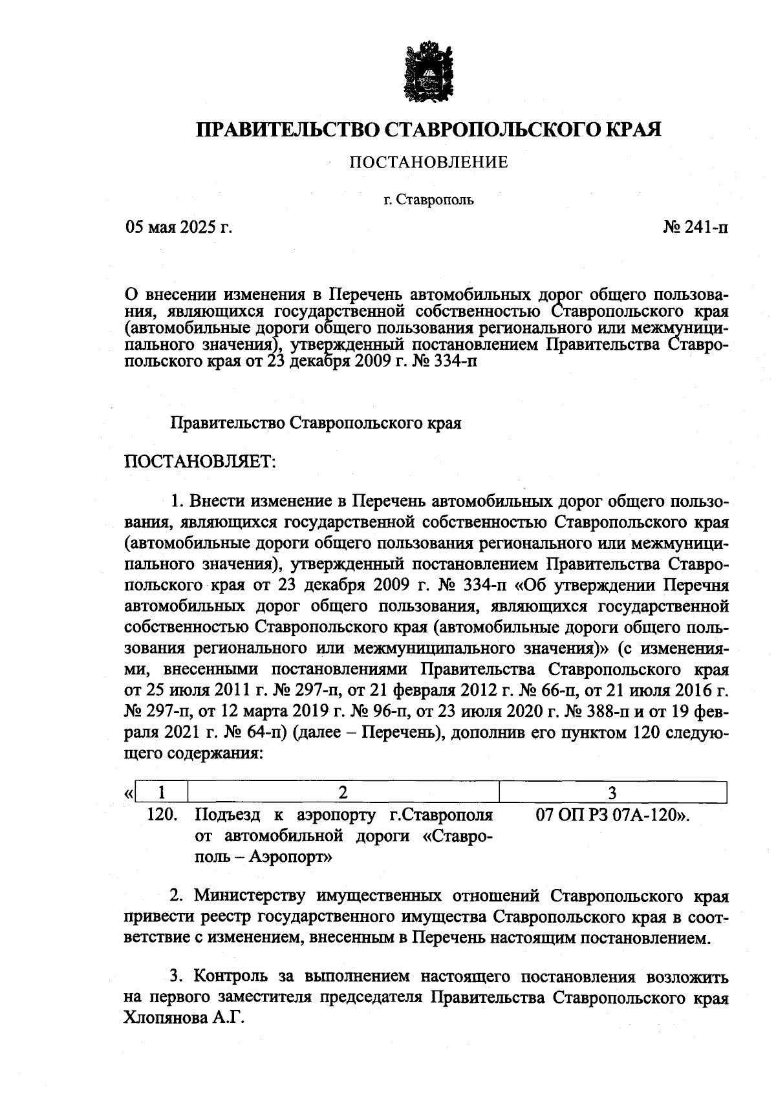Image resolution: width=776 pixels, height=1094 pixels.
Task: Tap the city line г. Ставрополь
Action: coord(429,200)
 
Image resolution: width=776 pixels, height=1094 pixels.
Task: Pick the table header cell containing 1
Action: coord(162,792)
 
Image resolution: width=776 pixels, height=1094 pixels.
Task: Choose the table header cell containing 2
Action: coord(343,792)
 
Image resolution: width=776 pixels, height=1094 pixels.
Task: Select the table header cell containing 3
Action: coord(613,792)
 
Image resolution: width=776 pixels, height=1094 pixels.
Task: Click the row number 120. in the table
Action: coord(162,815)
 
